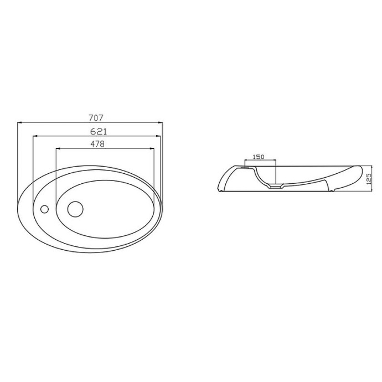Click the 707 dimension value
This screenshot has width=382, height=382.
(96, 118)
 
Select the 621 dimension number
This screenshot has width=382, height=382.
(99, 132)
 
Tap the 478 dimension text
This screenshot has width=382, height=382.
(97, 144)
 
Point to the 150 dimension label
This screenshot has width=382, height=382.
(259, 157)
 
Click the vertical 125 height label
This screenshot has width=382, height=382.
(369, 179)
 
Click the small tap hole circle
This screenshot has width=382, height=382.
(44, 209)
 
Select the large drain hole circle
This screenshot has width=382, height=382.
(75, 209)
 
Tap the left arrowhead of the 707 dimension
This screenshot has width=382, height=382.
(20, 123)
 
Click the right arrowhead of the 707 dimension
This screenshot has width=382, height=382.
(160, 123)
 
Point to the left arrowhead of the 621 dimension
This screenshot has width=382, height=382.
(35, 136)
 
